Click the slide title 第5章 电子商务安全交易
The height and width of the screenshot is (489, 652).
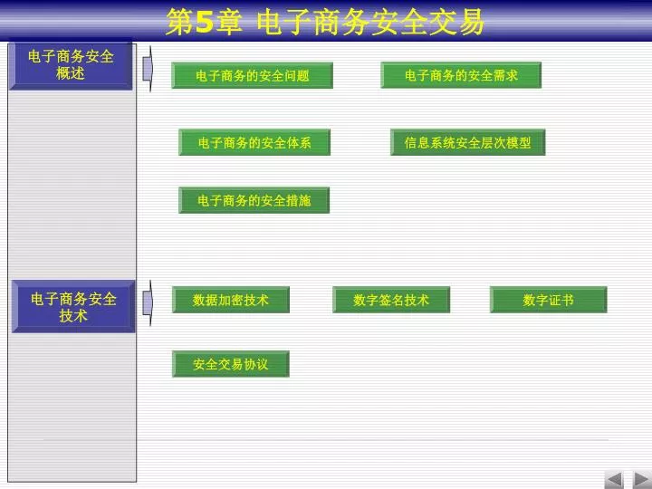pyautogui.click(x=325, y=21)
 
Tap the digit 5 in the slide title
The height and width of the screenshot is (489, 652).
pyautogui.click(x=204, y=22)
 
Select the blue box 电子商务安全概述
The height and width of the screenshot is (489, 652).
pyautogui.click(x=71, y=66)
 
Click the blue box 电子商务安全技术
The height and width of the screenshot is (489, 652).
pyautogui.click(x=73, y=306)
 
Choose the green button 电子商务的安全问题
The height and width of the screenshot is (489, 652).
pyautogui.click(x=252, y=75)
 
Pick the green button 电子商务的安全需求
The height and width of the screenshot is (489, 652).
pyautogui.click(x=461, y=75)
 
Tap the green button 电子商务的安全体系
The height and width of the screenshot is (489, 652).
pyautogui.click(x=254, y=142)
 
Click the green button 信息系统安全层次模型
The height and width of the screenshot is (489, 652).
pyautogui.click(x=468, y=142)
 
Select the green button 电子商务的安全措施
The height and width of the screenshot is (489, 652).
pyautogui.click(x=254, y=200)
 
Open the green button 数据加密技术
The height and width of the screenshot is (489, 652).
pyautogui.click(x=231, y=300)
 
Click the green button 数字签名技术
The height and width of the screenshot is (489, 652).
pyautogui.click(x=391, y=300)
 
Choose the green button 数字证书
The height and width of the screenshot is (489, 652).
pyautogui.click(x=549, y=300)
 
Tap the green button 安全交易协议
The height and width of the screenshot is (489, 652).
pyautogui.click(x=231, y=364)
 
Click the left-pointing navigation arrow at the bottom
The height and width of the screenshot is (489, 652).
pyautogui.click(x=614, y=480)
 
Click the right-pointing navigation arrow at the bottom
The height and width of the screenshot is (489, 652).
pyautogui.click(x=642, y=480)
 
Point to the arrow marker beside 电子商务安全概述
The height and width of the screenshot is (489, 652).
pyautogui.click(x=148, y=69)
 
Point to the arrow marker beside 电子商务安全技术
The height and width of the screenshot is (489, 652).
pyautogui.click(x=148, y=302)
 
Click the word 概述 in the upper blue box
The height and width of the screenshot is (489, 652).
pyautogui.click(x=71, y=73)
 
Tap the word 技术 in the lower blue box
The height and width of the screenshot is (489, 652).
pyautogui.click(x=73, y=316)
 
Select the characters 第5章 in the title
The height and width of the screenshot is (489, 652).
pyautogui.click(x=204, y=22)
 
